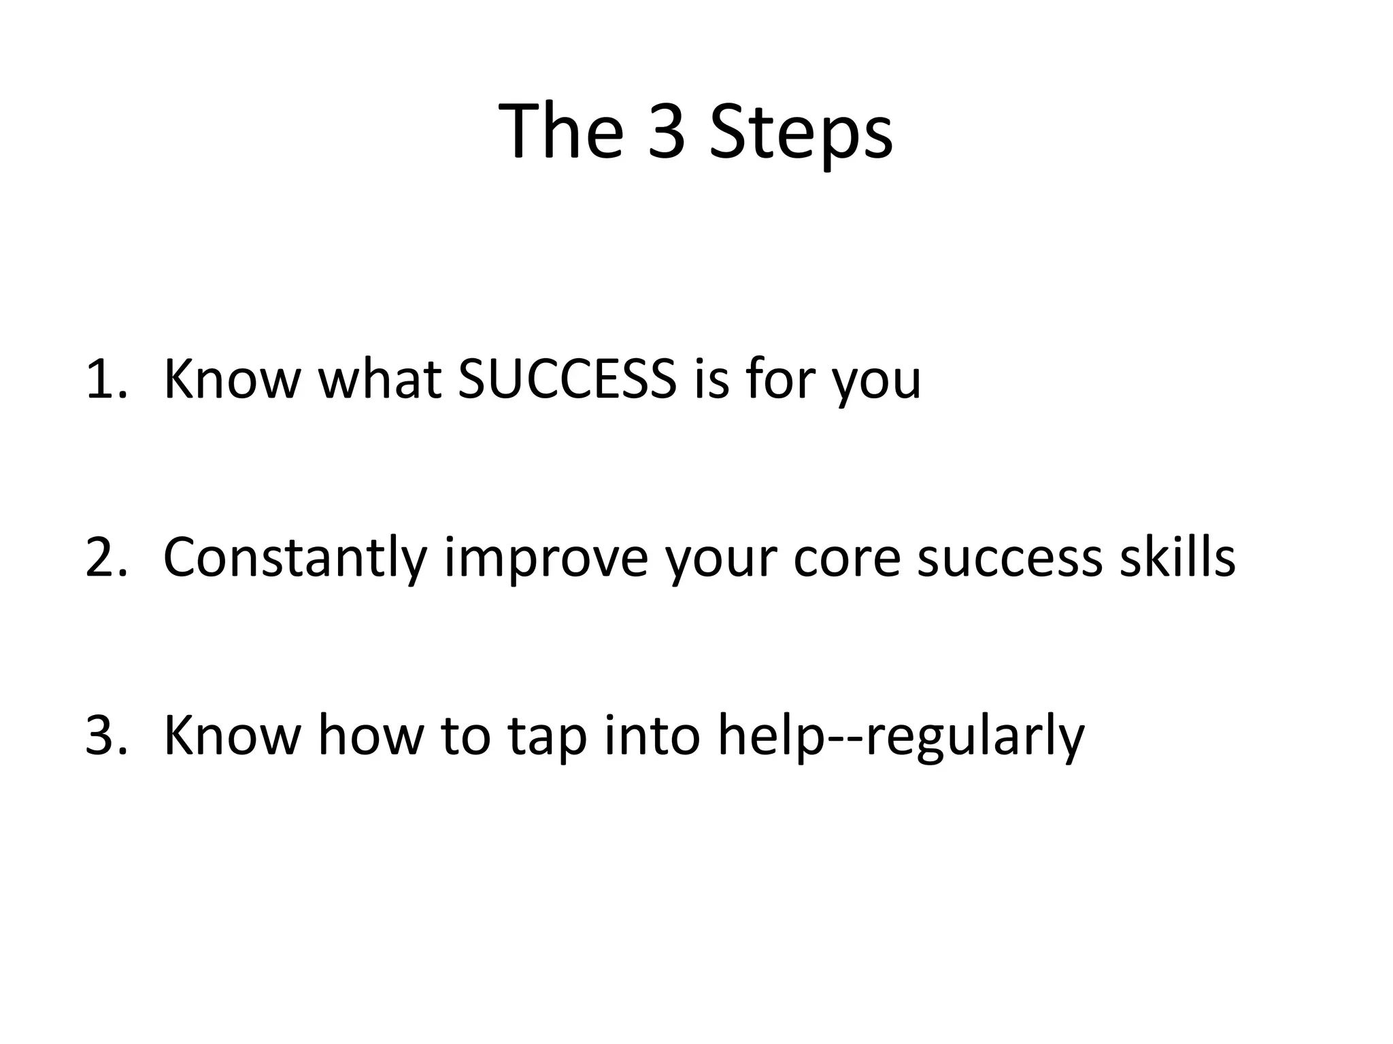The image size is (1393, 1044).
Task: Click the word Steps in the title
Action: point(801,133)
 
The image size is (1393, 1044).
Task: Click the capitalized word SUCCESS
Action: point(567,379)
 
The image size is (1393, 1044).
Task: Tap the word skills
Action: point(1177,557)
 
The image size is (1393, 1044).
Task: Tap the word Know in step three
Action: point(231,735)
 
